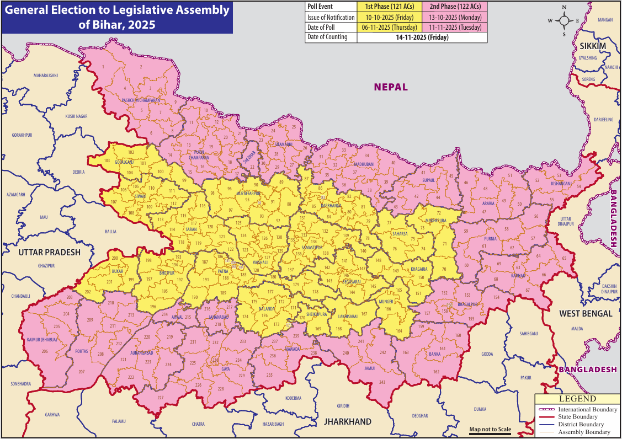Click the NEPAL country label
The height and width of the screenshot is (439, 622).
click(391, 87)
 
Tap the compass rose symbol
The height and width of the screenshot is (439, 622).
click(564, 20)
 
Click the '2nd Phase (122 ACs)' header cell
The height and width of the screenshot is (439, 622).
click(455, 7)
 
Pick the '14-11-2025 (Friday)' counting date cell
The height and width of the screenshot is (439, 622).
click(422, 38)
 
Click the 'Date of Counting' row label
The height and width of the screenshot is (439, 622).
click(328, 38)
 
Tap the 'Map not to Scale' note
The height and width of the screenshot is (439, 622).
click(490, 430)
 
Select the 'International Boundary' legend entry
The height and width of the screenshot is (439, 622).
click(587, 410)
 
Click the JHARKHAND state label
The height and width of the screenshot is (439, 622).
click(347, 421)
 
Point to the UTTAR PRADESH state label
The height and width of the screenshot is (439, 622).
click(49, 252)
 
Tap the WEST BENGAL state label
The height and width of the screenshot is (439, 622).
click(586, 313)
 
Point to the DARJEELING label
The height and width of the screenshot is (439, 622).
click(603, 119)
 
